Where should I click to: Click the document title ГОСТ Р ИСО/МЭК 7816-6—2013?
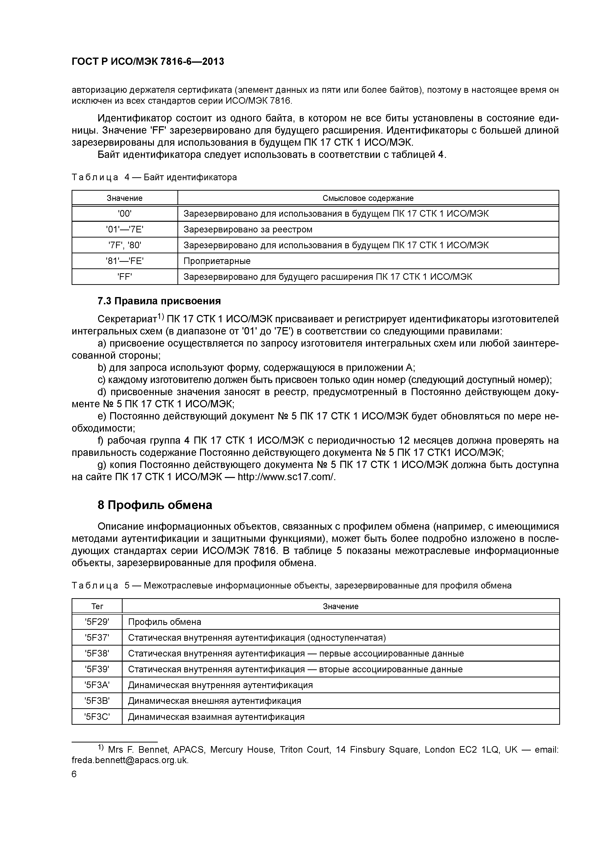tap(148, 62)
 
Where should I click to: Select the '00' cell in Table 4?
tap(125, 214)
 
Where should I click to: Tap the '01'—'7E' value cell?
tap(125, 229)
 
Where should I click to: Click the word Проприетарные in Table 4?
tap(217, 261)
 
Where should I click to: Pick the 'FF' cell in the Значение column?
tap(125, 277)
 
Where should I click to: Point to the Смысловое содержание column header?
tap(368, 198)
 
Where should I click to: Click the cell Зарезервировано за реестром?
tap(248, 229)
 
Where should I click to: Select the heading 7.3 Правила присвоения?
tap(159, 301)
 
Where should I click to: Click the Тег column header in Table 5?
tap(97, 606)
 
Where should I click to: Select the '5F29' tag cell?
tap(97, 622)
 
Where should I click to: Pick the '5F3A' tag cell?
tap(97, 685)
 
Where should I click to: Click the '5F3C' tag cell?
tap(97, 716)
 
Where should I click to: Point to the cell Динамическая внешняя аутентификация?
tap(214, 701)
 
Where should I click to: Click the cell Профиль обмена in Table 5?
tap(164, 622)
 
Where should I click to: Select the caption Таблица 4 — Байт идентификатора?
tap(154, 177)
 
